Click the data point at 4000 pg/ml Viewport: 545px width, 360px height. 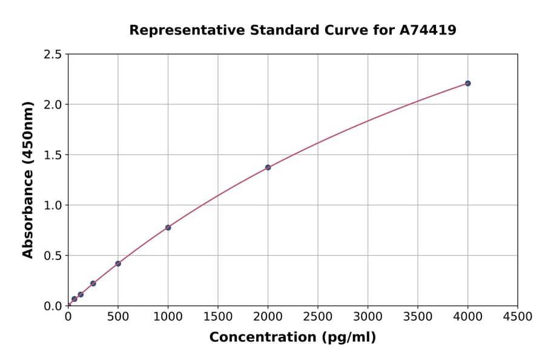pos(467,83)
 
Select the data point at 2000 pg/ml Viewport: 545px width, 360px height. pos(268,167)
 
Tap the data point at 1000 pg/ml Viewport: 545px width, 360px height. pos(168,227)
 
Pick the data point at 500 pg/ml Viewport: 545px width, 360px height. pos(118,264)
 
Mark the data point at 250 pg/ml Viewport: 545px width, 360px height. pos(93,283)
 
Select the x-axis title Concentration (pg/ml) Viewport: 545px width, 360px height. pos(292,337)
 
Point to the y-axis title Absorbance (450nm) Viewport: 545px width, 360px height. pos(28,179)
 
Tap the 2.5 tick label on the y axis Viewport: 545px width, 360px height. pos(53,55)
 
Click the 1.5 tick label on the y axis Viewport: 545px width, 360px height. pos(53,155)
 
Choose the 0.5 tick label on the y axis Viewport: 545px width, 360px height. pos(53,256)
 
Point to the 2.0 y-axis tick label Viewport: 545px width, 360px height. pos(53,105)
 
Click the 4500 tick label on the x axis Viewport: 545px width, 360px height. pos(518,316)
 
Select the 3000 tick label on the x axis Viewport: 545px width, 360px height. pos(368,316)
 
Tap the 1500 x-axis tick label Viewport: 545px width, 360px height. pos(218,316)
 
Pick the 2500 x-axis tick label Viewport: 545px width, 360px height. pos(318,316)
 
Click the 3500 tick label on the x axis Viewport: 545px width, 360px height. pos(418,316)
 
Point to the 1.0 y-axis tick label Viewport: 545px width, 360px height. pos(53,205)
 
